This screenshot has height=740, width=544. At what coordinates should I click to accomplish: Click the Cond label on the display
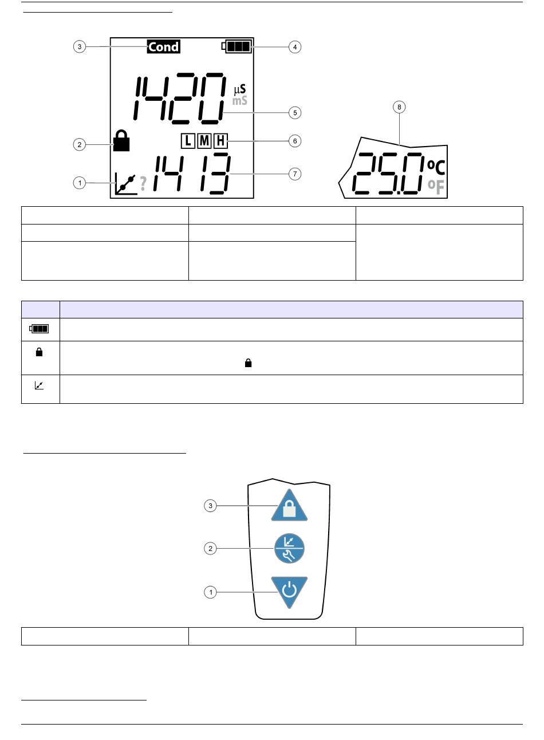click(164, 46)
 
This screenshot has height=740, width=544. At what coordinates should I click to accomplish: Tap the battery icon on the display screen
click(237, 46)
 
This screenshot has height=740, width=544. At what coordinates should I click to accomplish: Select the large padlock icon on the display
click(121, 140)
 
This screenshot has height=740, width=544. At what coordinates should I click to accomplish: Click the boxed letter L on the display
click(188, 141)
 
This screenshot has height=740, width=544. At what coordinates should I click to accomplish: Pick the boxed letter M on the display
click(204, 141)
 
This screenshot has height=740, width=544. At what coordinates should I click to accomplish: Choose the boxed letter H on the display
click(220, 141)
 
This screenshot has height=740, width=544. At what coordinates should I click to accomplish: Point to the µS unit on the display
click(240, 89)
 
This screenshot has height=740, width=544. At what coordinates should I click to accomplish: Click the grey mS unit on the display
click(240, 101)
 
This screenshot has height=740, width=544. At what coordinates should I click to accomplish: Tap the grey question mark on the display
click(143, 183)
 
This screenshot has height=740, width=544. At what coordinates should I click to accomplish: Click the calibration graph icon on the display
click(125, 184)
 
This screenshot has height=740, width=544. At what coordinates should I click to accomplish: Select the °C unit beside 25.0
click(436, 167)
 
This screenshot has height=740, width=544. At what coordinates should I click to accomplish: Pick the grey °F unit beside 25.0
click(436, 187)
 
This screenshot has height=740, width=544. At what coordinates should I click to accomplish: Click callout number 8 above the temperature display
click(399, 107)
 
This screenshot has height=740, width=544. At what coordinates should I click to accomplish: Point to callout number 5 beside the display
click(295, 113)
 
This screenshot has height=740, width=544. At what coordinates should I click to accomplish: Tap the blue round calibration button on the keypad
click(289, 548)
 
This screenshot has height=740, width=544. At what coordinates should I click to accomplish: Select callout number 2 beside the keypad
click(210, 548)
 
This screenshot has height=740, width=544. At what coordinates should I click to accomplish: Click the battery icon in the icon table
click(39, 329)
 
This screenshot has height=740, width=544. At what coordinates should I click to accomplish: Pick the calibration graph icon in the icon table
click(39, 385)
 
